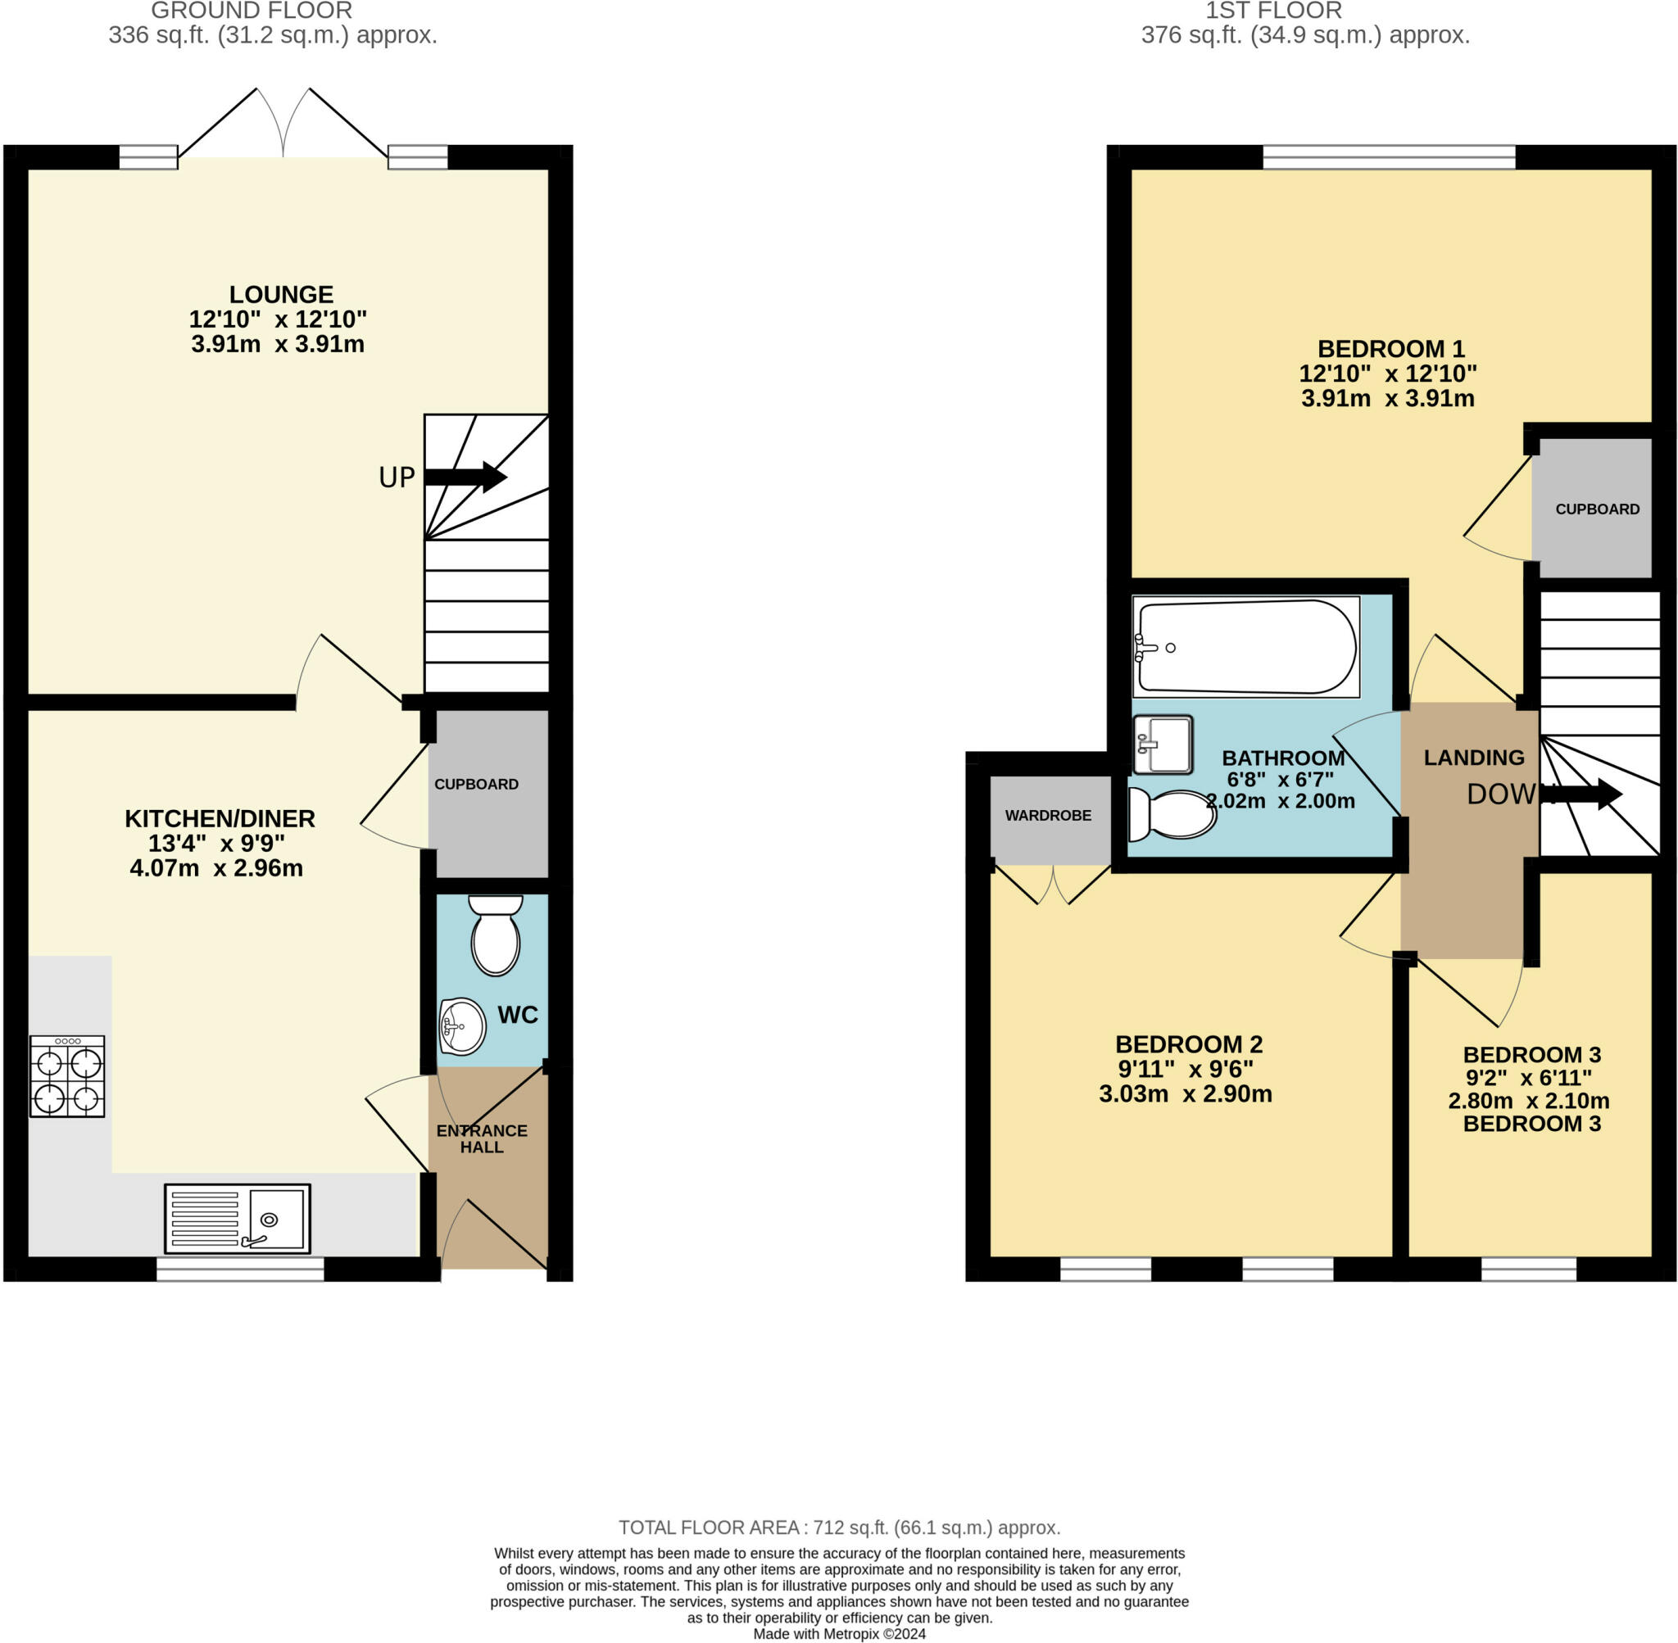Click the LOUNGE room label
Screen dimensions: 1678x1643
tap(280, 294)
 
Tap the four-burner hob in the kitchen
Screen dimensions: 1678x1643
tap(67, 1076)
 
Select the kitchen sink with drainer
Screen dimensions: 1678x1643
tap(238, 1219)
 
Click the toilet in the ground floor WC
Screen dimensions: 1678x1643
tap(496, 935)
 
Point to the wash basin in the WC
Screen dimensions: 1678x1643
tap(462, 1026)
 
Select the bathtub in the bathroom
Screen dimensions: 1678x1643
tap(1246, 646)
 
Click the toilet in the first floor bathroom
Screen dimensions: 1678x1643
tap(1172, 815)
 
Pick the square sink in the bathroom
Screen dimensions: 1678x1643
tap(1163, 744)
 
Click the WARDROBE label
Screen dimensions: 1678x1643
tap(1048, 816)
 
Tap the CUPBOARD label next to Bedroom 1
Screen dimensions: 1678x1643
tap(1597, 509)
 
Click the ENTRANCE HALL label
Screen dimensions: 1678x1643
tap(482, 1138)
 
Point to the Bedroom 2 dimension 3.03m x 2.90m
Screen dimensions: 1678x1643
tap(1185, 1094)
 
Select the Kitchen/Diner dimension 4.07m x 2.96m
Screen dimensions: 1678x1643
tap(215, 868)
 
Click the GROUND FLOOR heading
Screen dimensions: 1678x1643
tap(252, 11)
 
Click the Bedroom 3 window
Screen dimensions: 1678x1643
tap(1529, 1269)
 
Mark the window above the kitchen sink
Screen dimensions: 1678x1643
tap(240, 1269)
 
